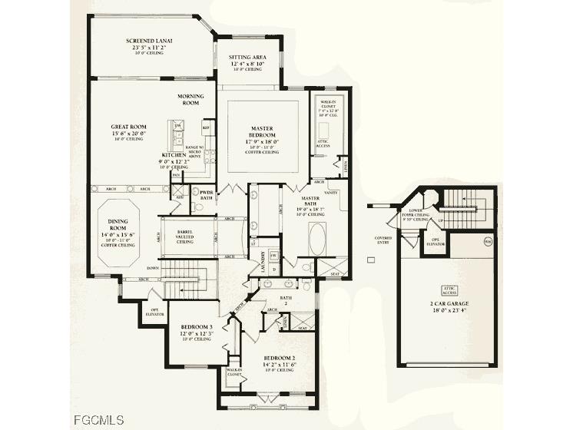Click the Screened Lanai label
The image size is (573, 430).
[x=149, y=40]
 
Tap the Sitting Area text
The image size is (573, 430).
[x=247, y=57]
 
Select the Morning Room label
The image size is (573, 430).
[x=190, y=99]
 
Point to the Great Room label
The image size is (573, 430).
[x=129, y=127]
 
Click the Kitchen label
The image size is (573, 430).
[x=173, y=155]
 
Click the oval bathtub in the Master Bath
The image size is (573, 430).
[x=316, y=240]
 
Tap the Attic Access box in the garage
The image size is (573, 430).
[x=449, y=289]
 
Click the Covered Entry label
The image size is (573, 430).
[x=383, y=240]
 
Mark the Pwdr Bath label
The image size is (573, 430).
[x=206, y=195]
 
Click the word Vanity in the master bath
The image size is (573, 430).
[x=333, y=193]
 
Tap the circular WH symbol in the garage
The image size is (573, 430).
[x=487, y=242]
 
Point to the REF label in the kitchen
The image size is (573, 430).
[x=205, y=127]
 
